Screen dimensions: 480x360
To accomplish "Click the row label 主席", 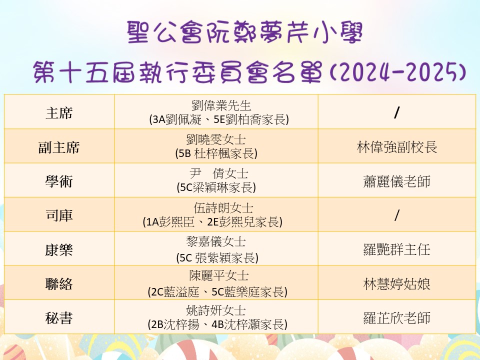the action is [x=59, y=112].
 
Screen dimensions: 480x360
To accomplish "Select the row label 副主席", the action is [x=59, y=147].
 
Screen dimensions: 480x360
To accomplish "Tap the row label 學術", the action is [x=59, y=181].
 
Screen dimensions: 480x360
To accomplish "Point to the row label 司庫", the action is [x=59, y=215].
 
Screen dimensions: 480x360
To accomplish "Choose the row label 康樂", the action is [x=59, y=249].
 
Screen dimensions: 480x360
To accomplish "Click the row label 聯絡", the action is [x=59, y=284].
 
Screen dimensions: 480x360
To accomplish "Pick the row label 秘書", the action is [x=59, y=318].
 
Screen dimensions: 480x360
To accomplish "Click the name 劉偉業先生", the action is [x=221, y=105].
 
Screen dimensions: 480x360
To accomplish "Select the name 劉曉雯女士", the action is [x=216, y=139].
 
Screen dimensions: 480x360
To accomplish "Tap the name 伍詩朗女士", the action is [x=223, y=208].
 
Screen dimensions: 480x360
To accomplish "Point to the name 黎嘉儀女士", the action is [x=216, y=241].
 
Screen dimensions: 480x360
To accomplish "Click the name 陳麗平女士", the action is [x=218, y=276].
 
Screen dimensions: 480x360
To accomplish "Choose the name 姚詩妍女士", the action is [x=216, y=310].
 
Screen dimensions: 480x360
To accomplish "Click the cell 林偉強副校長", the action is [x=396, y=147].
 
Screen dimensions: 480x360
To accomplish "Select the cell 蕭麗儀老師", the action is [x=396, y=181].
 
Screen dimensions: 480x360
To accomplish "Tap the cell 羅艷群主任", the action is [x=396, y=249].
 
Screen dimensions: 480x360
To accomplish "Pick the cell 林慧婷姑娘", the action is [x=396, y=284].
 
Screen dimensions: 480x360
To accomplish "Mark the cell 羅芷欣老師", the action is [x=396, y=318].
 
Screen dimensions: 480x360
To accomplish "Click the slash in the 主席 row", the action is [x=396, y=113].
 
